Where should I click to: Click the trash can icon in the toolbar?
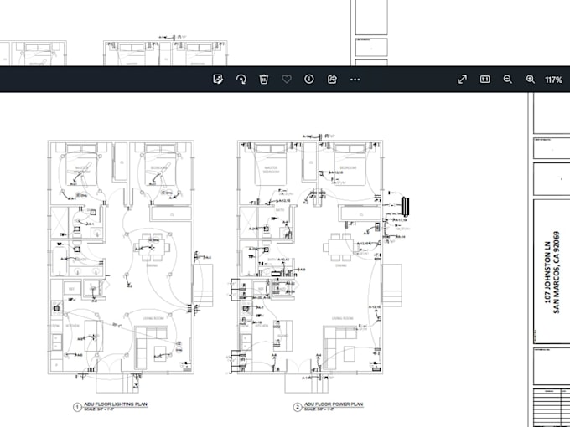pos(263,79)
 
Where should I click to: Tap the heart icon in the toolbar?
pos(286,79)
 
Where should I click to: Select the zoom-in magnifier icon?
pos(530,79)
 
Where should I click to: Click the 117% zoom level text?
pos(553,80)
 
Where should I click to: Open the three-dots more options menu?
pos(355,79)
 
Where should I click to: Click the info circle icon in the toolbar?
pos(308,79)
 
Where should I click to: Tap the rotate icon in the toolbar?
pos(241,79)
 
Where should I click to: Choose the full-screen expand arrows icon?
pos(462,79)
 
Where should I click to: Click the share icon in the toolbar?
pos(331,79)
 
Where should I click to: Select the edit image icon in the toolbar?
pos(218,79)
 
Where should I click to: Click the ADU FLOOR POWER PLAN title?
pos(334,404)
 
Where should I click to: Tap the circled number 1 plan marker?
pos(75,407)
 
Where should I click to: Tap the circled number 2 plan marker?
pos(297,407)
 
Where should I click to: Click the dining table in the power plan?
pos(341,245)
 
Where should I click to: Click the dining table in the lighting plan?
pos(152,246)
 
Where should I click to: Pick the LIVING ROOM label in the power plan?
pos(341,318)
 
